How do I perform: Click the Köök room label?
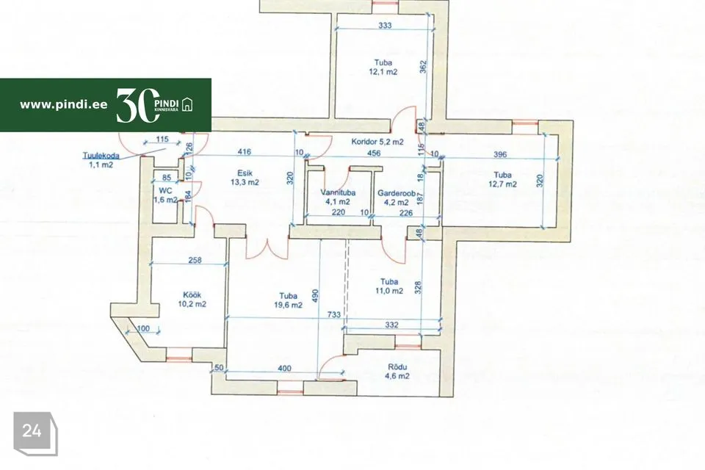coord(192,295)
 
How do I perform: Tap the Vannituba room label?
coord(338,192)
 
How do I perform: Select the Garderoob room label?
coord(396,193)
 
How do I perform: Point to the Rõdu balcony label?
coord(397,366)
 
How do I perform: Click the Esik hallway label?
coord(245,173)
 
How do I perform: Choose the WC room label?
coord(165,191)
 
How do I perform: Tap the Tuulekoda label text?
coord(101,156)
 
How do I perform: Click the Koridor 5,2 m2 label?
coord(377,142)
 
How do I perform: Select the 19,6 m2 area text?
coord(288,305)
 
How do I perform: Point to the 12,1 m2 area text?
coord(383,71)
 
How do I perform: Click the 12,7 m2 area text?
coord(502,184)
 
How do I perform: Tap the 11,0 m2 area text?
coord(389,291)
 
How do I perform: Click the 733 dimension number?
coord(333,314)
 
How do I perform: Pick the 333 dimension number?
coord(385,26)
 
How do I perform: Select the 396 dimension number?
coord(500,154)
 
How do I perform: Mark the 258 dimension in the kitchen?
coord(195,260)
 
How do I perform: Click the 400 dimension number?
coord(284,368)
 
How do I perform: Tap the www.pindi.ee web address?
coord(63,105)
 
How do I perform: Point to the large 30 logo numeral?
coord(138,105)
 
